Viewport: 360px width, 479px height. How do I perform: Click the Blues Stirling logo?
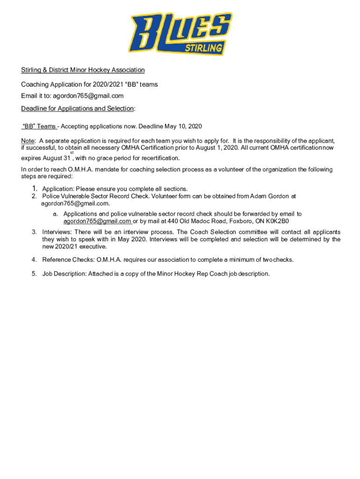pyautogui.click(x=181, y=33)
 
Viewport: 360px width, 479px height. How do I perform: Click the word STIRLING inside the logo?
pyautogui.click(x=203, y=48)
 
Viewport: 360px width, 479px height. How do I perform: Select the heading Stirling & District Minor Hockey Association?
pyautogui.click(x=83, y=70)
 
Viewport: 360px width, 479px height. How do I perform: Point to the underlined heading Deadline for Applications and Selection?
pyautogui.click(x=78, y=109)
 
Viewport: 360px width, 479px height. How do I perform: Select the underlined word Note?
pyautogui.click(x=28, y=141)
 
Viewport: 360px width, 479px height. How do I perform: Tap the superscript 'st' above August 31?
pyautogui.click(x=72, y=152)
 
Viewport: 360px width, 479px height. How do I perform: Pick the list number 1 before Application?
pyautogui.click(x=35, y=189)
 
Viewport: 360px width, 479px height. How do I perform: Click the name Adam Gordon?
pyautogui.click(x=270, y=196)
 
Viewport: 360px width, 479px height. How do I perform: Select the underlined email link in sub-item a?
pyautogui.click(x=97, y=221)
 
